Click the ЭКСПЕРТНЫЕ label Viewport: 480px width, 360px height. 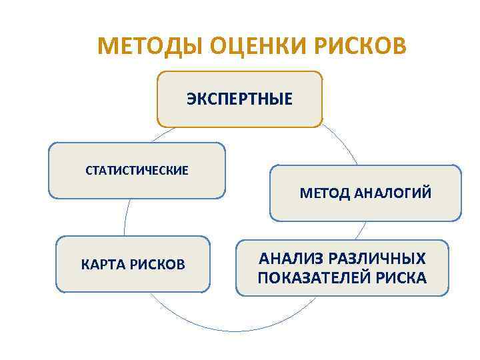point(239,100)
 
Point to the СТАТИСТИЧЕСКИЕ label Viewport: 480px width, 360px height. point(137,171)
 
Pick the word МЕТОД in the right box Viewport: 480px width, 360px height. point(324,193)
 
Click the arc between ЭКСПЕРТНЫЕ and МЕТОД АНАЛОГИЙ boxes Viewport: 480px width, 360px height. point(343,143)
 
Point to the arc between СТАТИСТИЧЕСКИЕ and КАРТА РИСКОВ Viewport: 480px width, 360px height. point(125,217)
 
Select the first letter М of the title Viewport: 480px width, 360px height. point(105,47)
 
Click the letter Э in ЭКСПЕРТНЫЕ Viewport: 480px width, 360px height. point(191,100)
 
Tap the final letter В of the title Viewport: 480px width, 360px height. point(398,47)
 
